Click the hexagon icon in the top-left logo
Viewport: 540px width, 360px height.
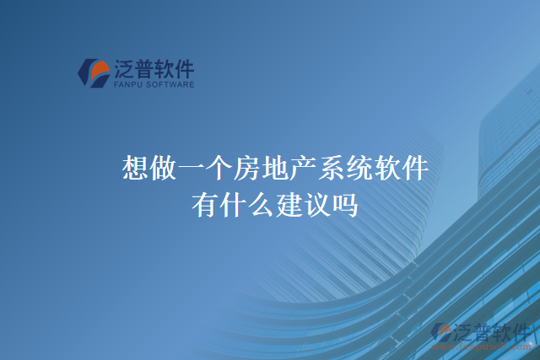(92, 73)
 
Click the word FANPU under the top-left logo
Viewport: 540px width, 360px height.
(127, 84)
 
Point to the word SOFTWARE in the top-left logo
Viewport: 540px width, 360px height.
(170, 84)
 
